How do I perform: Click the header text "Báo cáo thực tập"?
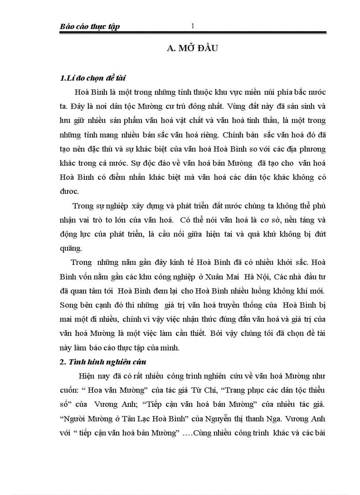(x=90, y=27)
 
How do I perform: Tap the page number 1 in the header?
(x=192, y=26)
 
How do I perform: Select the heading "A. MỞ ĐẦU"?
(x=193, y=49)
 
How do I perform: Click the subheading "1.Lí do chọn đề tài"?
(x=93, y=78)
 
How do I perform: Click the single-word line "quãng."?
(x=70, y=248)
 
